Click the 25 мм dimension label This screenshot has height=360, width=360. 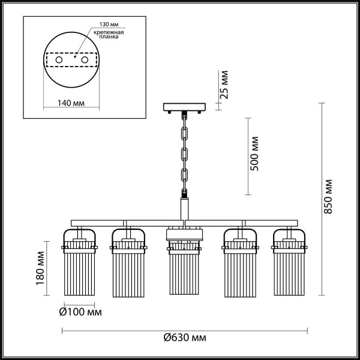point(224,86)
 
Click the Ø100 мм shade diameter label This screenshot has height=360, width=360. point(81,312)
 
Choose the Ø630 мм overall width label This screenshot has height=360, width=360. point(184,338)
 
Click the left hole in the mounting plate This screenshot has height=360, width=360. point(59,61)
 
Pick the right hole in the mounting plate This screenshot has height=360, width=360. point(85,61)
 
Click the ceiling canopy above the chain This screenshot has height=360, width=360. point(184,107)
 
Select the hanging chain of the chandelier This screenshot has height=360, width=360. point(185,153)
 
